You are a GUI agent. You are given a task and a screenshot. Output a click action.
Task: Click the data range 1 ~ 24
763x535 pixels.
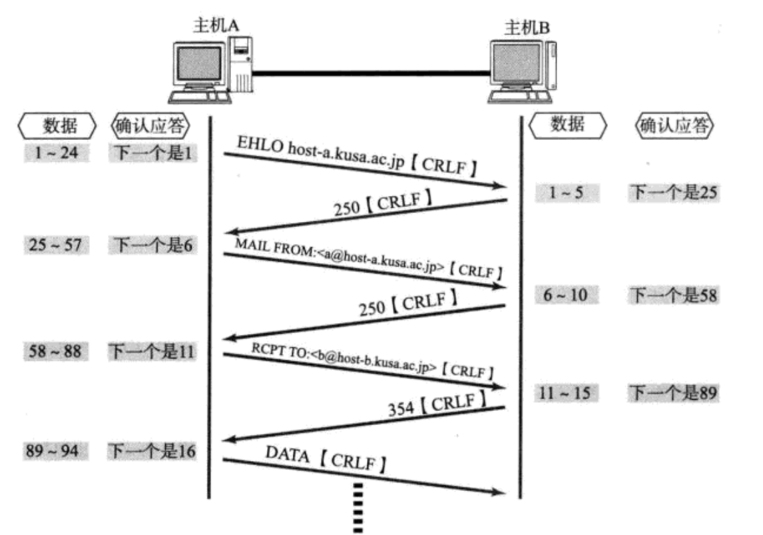(57, 154)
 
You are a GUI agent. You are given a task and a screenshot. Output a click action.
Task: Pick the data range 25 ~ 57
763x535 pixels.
(57, 245)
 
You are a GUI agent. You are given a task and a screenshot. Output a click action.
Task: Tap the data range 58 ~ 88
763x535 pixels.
(57, 351)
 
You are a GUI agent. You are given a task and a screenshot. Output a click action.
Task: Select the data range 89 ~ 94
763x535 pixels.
(57, 452)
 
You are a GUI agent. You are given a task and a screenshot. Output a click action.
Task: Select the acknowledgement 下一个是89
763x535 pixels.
(672, 394)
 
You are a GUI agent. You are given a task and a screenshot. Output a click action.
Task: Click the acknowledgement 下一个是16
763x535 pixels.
(152, 452)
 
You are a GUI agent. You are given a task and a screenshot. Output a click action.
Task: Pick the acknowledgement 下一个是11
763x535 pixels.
(152, 351)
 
